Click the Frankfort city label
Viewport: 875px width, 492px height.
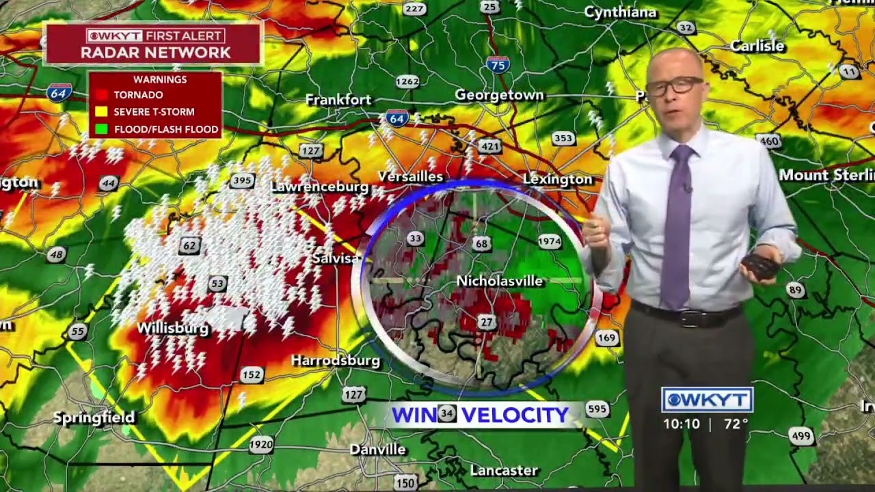click(338, 100)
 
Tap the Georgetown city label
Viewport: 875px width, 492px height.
click(499, 96)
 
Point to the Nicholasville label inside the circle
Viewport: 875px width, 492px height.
click(499, 281)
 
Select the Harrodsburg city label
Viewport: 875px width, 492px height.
click(335, 361)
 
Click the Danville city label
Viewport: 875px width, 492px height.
click(377, 450)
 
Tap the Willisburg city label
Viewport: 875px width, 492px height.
click(172, 329)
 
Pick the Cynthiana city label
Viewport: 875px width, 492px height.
click(621, 12)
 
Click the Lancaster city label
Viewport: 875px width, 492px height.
click(504, 471)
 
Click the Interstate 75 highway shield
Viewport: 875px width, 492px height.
click(498, 65)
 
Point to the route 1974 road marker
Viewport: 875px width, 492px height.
click(549, 241)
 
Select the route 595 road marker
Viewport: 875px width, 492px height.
click(597, 409)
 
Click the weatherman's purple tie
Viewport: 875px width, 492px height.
click(677, 225)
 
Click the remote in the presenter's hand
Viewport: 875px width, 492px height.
click(759, 265)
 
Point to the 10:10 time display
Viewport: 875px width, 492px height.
click(682, 424)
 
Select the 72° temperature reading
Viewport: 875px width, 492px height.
click(736, 424)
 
